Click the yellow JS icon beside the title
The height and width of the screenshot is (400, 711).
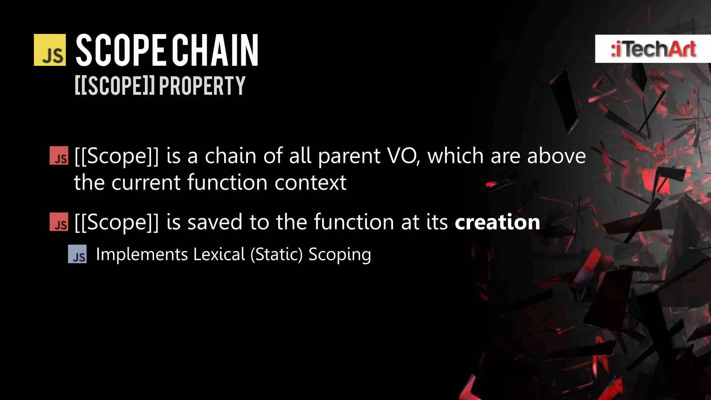point(50,50)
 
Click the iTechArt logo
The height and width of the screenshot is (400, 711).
point(653,49)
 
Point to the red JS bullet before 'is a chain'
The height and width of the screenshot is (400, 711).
point(59,156)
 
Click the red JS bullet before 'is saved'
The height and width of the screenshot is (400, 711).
point(59,222)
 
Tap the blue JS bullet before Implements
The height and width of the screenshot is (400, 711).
point(77,254)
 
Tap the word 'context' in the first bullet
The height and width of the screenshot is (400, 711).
point(310,183)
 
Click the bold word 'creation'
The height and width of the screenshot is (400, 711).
point(497,222)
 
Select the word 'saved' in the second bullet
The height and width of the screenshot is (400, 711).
point(215,222)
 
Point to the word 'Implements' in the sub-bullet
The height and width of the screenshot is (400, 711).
point(142,255)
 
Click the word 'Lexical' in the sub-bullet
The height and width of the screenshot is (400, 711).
point(219,254)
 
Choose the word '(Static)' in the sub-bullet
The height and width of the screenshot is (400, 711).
point(277,255)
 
